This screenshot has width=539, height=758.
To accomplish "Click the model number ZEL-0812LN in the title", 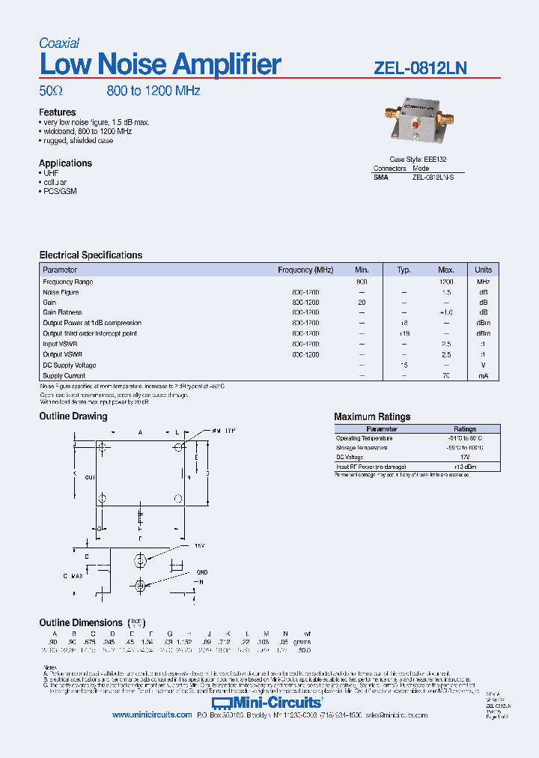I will click(420, 68).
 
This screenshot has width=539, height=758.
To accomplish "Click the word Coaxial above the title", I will click(59, 43).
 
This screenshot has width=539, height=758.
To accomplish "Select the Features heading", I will click(58, 112).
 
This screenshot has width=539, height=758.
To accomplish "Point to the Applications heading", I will click(66, 163).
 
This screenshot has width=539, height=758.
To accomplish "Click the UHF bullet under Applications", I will click(50, 173).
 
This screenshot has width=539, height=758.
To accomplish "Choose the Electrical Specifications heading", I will click(91, 255).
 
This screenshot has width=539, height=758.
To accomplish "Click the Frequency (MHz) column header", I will click(305, 270).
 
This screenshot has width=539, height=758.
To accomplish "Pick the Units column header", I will click(483, 270).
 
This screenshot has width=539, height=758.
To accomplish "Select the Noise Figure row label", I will click(61, 292).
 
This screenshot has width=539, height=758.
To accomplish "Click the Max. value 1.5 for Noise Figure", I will click(446, 292).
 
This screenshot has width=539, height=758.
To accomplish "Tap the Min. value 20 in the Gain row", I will click(362, 302).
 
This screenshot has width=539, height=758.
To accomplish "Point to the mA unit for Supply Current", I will click(483, 376).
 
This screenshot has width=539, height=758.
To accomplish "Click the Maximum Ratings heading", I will click(372, 417).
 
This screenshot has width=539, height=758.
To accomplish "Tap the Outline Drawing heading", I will click(73, 416).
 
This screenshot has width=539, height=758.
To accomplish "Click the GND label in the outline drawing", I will click(202, 571).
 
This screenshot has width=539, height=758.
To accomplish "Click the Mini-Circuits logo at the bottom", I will click(267, 703).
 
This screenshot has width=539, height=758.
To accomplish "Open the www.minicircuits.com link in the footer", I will click(152, 716).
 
